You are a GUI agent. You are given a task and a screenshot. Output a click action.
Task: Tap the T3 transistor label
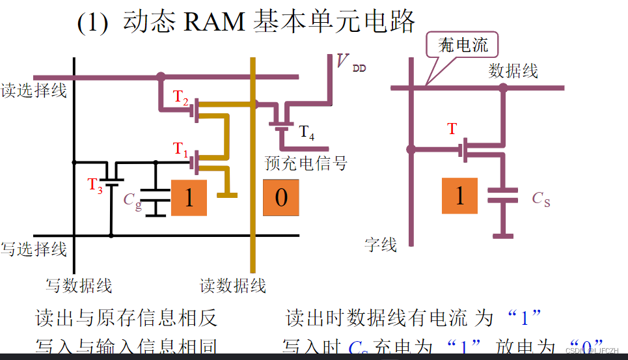pos(96,184)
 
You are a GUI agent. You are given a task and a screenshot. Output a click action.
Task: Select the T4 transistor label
pos(307,134)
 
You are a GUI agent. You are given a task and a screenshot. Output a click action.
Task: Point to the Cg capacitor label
pos(132,200)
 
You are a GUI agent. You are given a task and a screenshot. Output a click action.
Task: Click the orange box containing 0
pos(281,197)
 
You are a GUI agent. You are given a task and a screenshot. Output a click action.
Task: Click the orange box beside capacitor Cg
pos(189,197)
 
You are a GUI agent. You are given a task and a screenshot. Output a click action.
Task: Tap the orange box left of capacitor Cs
pos(460,195)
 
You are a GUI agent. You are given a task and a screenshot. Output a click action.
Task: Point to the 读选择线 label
pos(34,90)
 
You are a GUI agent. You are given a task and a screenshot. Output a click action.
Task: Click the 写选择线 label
pos(34,249)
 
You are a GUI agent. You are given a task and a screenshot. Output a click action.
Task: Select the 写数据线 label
pos(79,285)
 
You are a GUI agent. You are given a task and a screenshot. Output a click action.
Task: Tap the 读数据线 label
pos(232,285)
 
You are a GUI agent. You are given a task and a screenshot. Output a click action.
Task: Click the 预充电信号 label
pos(306,162)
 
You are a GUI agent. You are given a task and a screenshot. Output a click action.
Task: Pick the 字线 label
pos(381,245)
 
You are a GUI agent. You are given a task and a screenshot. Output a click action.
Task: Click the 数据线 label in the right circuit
pos(513,71)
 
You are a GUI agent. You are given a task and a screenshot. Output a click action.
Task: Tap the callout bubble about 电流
pos(463,46)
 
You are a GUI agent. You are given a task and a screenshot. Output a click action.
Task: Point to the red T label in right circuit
pos(452,129)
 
